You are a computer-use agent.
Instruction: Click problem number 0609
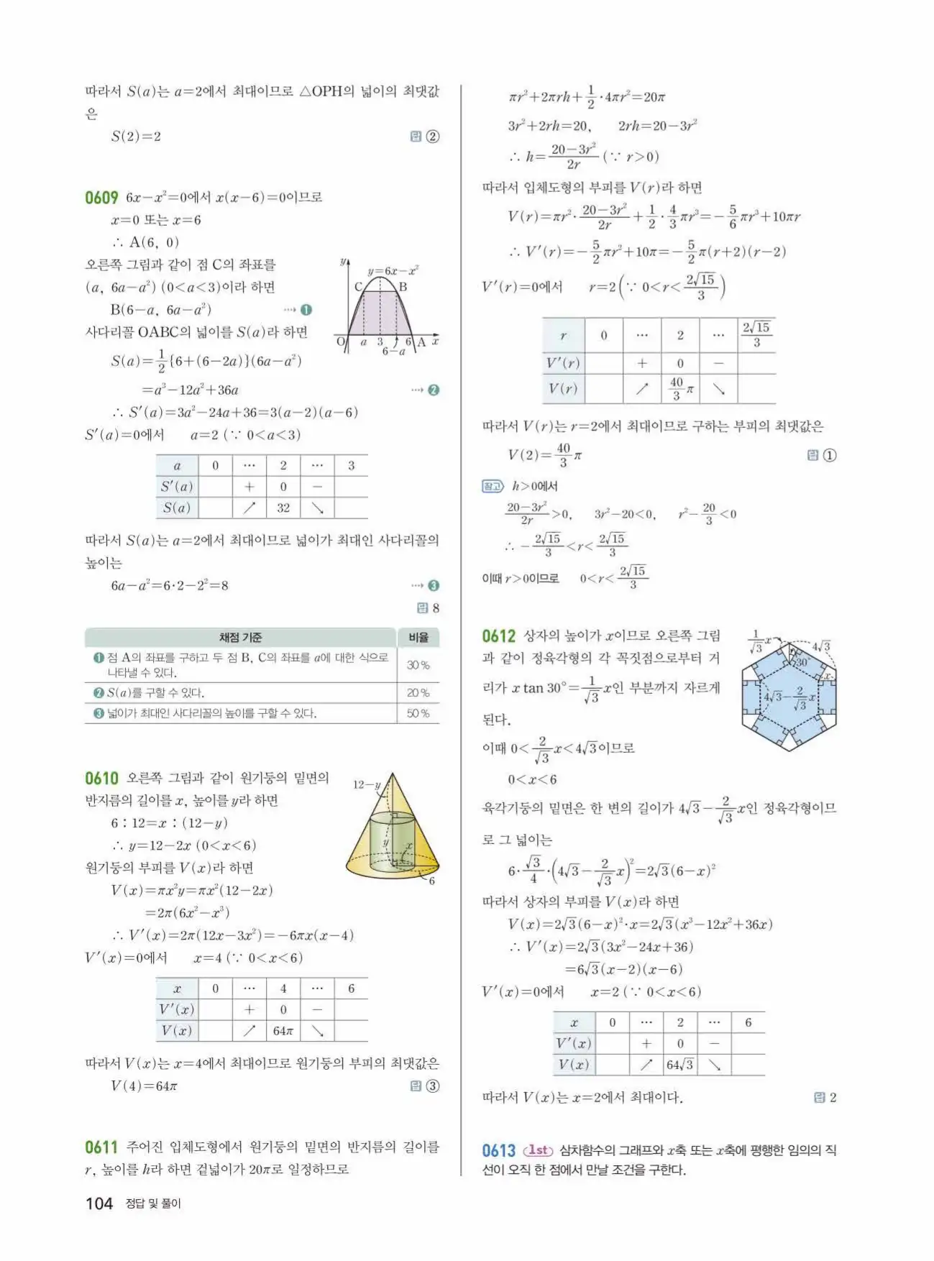pos(101,197)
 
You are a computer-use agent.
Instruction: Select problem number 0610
pos(101,778)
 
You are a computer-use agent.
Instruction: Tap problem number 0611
pos(101,1147)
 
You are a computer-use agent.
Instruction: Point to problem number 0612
pos(499,636)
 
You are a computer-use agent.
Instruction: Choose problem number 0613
pos(499,1150)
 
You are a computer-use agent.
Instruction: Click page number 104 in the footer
pos(99,1203)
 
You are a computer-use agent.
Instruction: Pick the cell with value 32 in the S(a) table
pos(283,508)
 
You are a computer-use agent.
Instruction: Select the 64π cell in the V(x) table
pos(283,1030)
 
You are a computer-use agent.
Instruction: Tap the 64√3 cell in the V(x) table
pos(679,1064)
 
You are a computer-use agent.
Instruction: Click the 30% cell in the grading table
pos(418,665)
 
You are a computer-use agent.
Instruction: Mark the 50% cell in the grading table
pos(418,713)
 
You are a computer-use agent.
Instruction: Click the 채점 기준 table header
pos(240,638)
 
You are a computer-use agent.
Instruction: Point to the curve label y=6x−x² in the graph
pos(393,271)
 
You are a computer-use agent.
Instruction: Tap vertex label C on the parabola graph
pos(358,286)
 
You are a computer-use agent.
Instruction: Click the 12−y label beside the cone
pos(367,784)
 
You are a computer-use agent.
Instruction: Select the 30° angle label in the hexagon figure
pos(801,661)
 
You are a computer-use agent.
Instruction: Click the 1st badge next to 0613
pos(539,1150)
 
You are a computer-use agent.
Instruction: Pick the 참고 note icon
pos(492,487)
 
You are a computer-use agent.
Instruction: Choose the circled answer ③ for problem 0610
pos(432,1086)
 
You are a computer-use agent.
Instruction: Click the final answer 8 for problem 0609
pos(435,608)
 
